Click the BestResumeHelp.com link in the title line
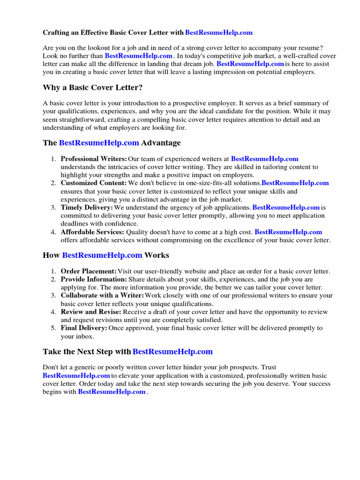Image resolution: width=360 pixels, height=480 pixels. pos(219,32)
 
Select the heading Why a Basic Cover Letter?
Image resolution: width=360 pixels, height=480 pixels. pos(93,88)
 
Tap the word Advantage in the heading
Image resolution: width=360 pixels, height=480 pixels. pos(161,142)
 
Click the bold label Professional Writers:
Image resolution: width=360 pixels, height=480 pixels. pos(94,159)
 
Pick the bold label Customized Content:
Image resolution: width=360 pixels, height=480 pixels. pos(94,183)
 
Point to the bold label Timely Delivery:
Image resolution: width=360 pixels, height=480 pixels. pos(87,207)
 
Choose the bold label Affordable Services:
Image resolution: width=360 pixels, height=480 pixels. pos(92,232)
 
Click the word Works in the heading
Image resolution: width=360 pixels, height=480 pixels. pos(157,255)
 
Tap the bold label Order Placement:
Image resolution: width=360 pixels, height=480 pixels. pos(89,271)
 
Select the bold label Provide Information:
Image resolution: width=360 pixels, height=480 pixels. pos(93,279)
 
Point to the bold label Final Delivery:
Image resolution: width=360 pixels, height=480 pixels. pos(84,328)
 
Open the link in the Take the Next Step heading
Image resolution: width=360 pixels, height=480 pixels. pos(172,352)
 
